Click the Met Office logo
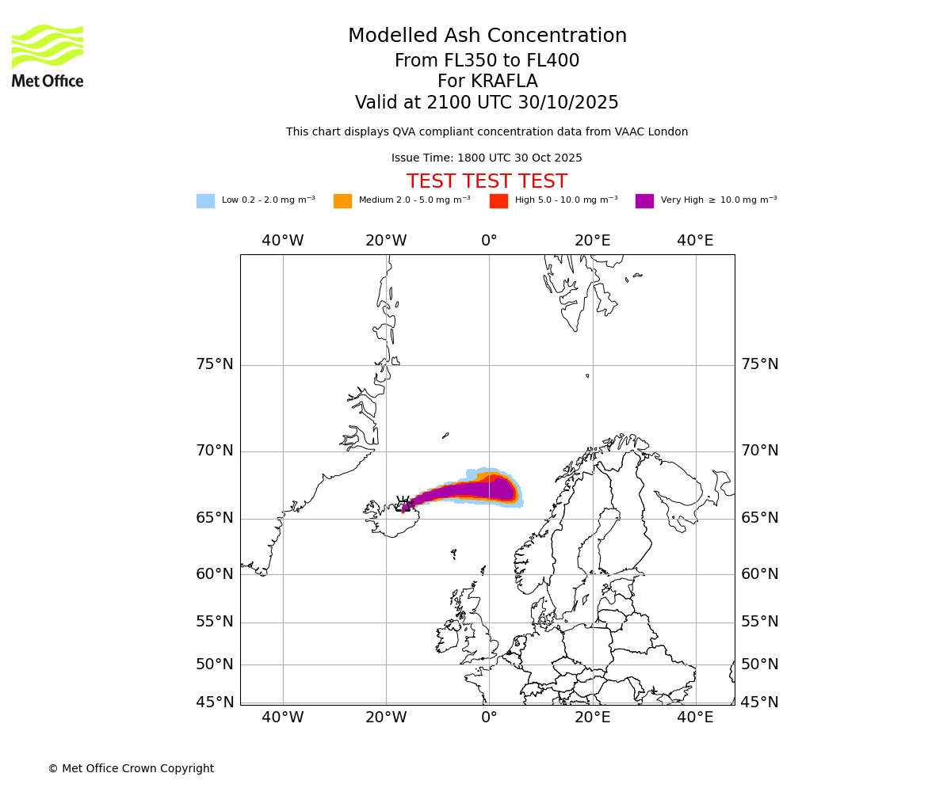[48, 55]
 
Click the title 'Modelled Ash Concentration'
[487, 36]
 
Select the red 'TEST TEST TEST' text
[487, 181]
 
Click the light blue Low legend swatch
[205, 201]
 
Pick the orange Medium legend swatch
[342, 201]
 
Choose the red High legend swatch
[498, 201]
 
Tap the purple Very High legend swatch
[644, 201]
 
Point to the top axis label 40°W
[283, 241]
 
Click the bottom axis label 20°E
[593, 718]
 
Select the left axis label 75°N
[215, 364]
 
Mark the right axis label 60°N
[760, 574]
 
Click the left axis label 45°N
[215, 703]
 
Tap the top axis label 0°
[489, 241]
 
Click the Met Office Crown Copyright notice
[131, 769]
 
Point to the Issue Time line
[487, 158]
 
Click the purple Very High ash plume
[475, 490]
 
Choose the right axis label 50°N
[760, 664]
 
